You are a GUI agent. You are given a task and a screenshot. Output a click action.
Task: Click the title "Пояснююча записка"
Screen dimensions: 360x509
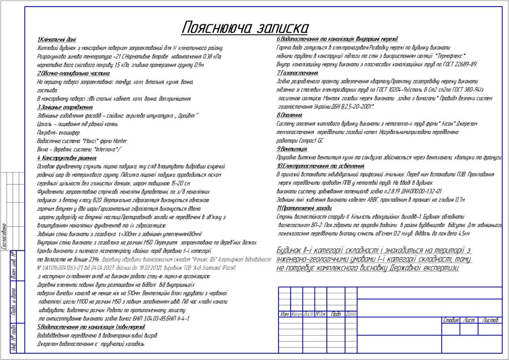click(244, 27)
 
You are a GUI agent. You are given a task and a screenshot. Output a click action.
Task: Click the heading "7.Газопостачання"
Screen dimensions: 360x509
click(298, 73)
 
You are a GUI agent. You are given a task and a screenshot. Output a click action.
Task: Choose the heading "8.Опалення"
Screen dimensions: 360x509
click(290, 116)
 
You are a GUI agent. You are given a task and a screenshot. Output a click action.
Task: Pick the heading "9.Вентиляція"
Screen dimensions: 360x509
click(292, 149)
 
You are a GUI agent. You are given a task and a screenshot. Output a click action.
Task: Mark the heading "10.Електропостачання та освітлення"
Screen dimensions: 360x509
click(321, 166)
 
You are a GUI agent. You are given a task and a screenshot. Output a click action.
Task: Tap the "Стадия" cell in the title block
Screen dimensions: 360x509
click(450, 320)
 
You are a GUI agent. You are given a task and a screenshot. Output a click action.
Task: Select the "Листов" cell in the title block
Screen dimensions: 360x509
click(490, 320)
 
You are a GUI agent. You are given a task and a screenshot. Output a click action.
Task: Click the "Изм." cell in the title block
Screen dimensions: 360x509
click(285, 314)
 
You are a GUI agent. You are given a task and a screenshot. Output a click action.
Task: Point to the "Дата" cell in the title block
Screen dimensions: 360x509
click(351, 314)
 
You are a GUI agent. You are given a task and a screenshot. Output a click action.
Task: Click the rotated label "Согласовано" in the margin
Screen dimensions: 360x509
click(4, 236)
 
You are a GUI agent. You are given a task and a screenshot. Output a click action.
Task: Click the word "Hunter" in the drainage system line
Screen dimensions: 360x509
click(119, 141)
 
